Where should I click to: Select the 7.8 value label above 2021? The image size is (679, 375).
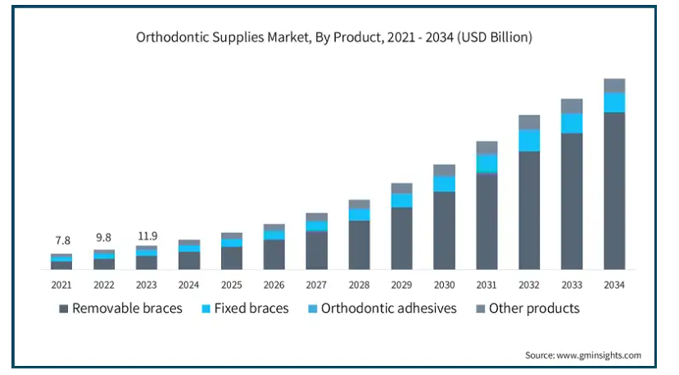tap(61, 240)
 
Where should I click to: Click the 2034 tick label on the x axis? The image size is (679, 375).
tap(614, 285)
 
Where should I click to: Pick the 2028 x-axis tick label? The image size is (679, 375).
tap(359, 285)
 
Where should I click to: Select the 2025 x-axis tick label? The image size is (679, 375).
tap(232, 285)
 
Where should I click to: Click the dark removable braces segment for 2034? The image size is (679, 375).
tap(614, 193)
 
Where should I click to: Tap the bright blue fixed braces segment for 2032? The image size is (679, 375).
tap(529, 140)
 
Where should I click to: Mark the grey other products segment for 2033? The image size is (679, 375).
tap(572, 106)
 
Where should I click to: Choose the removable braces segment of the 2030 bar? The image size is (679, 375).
tap(444, 231)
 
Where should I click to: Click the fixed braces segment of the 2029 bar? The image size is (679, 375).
tap(401, 200)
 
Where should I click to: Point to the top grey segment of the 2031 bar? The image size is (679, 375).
tap(487, 148)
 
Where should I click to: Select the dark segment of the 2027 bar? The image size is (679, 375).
tap(316, 250)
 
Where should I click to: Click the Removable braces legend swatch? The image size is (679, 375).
tap(63, 309)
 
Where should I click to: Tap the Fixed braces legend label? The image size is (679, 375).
tap(251, 309)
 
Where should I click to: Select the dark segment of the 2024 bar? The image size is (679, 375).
tap(189, 260)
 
